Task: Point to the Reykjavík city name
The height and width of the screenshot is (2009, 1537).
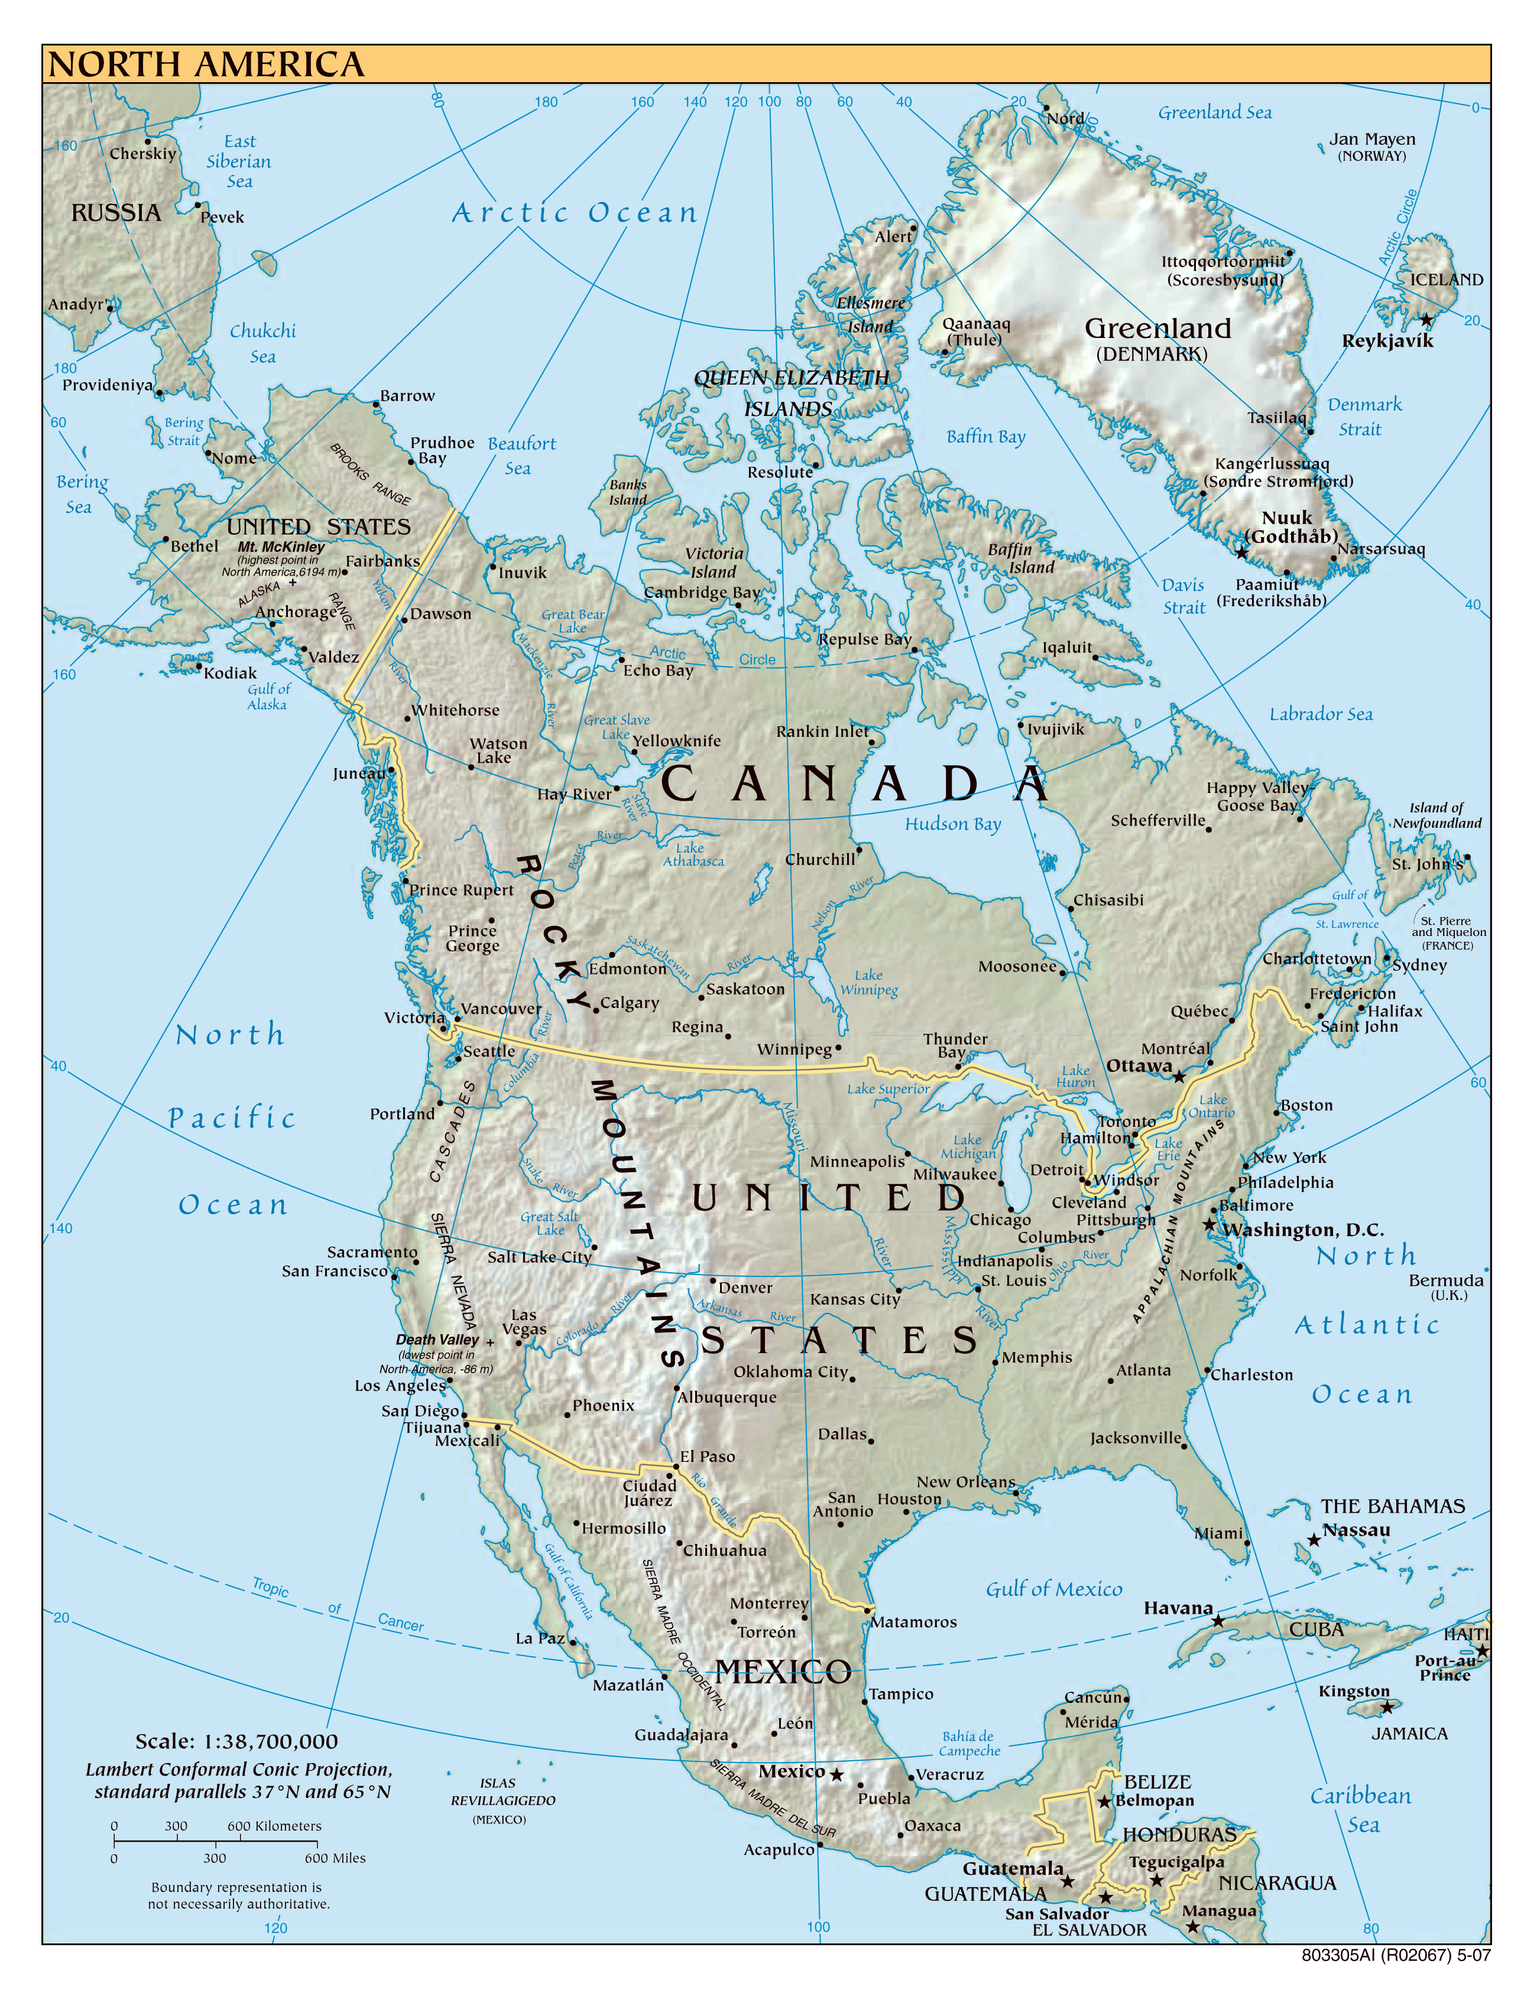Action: (x=1387, y=341)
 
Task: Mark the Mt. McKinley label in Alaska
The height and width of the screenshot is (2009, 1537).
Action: (x=281, y=547)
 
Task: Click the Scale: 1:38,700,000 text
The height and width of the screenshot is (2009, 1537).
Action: (x=236, y=1742)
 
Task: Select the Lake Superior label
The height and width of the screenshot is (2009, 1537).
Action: (x=887, y=1089)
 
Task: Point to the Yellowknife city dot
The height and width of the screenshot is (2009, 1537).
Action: (x=634, y=752)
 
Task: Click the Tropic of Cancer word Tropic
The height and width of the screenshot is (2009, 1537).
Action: (x=271, y=1588)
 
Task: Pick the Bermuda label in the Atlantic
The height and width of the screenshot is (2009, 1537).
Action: (x=1445, y=1280)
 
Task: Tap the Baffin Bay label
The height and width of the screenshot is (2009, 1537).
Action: (x=985, y=437)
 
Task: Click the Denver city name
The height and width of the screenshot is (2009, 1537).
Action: (x=745, y=1288)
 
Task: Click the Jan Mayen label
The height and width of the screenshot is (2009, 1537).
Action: (x=1371, y=139)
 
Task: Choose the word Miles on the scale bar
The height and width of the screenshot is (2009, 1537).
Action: (x=349, y=1858)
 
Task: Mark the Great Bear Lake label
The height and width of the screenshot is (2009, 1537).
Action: (x=573, y=621)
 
